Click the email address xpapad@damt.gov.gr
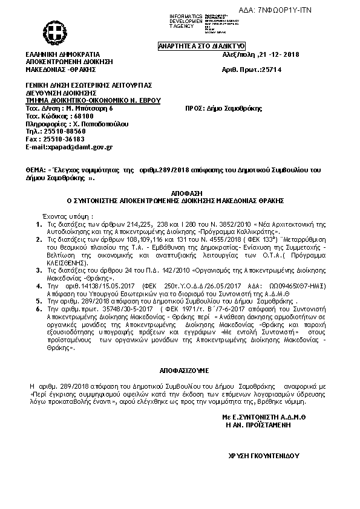tap(78, 147)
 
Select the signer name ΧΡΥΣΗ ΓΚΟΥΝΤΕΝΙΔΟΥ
tap(264, 455)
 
